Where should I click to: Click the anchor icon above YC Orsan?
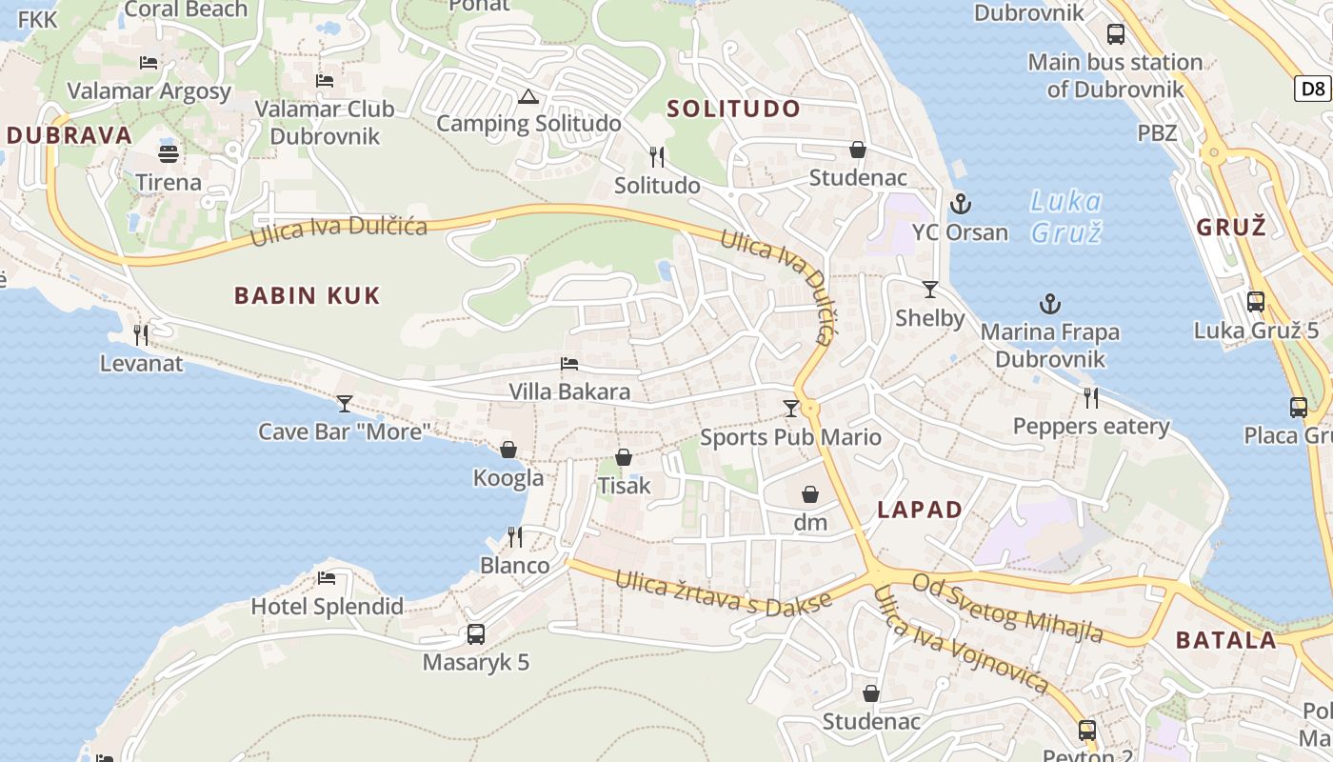(x=961, y=203)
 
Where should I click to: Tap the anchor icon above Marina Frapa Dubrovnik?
(x=1049, y=304)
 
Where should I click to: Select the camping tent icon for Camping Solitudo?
(x=527, y=96)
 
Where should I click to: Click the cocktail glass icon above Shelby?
(x=930, y=289)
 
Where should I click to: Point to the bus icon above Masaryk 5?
(x=475, y=633)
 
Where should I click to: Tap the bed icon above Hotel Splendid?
(x=327, y=577)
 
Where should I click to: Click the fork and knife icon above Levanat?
(x=141, y=334)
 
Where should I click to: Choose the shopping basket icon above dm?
(x=810, y=494)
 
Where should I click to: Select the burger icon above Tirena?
(x=169, y=153)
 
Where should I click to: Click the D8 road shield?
(x=1313, y=89)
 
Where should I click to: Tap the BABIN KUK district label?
(x=308, y=295)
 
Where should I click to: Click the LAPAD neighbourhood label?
(x=920, y=510)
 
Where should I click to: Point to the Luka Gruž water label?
(x=1066, y=216)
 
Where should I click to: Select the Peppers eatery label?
(x=1091, y=426)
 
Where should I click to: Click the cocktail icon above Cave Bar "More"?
(x=345, y=404)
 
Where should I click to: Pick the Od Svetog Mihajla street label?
(x=1008, y=607)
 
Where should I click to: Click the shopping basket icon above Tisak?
(x=624, y=458)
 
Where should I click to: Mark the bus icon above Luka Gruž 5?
(x=1256, y=302)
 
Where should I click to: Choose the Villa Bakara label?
(x=569, y=391)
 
